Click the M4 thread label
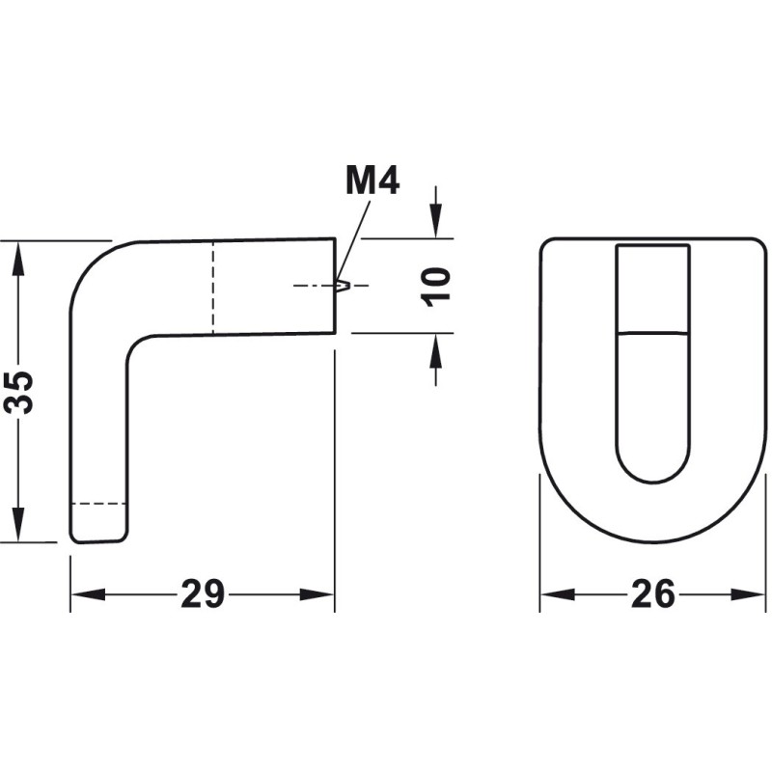[372, 180]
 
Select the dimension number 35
[18, 393]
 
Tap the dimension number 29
[203, 594]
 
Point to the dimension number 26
[653, 593]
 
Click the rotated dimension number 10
[435, 287]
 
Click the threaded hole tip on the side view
[344, 285]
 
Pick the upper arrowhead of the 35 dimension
[18, 259]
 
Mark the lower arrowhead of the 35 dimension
[18, 524]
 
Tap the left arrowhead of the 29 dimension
[89, 594]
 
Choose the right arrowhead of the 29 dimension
[317, 594]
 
